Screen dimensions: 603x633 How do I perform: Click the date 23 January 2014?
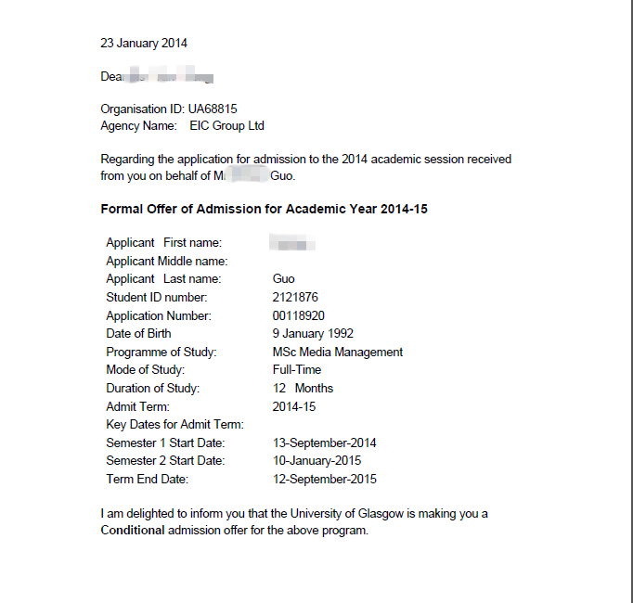144,43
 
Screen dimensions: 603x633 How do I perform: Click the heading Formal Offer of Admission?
264,209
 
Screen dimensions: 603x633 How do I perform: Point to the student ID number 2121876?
295,297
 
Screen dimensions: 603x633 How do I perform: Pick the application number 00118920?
299,315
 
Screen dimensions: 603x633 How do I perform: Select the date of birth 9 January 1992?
313,333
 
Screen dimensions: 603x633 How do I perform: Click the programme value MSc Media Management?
338,352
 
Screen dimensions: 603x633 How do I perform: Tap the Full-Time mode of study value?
297,369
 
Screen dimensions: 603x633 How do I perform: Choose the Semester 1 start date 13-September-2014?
325,443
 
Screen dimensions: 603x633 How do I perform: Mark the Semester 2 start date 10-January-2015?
317,460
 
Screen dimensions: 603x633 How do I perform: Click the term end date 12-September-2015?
325,479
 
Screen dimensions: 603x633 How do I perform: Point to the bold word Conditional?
133,531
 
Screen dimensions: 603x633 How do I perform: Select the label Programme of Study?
161,352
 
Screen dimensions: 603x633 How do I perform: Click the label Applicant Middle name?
167,261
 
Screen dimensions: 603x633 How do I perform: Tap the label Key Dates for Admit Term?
174,424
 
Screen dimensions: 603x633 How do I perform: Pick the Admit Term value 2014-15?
294,406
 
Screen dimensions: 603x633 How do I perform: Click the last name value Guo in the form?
284,278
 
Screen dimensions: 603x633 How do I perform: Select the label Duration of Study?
153,388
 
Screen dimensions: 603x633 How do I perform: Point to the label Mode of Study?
146,369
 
